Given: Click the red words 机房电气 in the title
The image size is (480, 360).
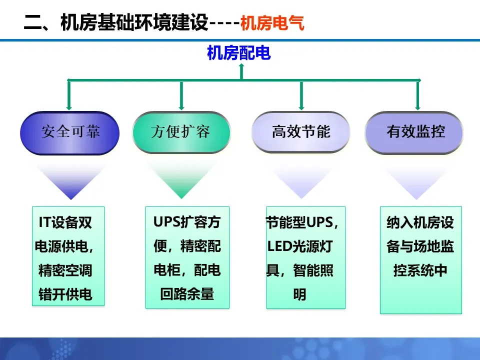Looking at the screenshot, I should pyautogui.click(x=272, y=23).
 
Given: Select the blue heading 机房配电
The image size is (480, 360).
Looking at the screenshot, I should pyautogui.click(x=239, y=53).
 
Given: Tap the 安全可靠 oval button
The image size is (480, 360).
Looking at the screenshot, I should pyautogui.click(x=70, y=132).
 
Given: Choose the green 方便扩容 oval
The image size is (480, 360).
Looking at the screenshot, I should pyautogui.click(x=181, y=132).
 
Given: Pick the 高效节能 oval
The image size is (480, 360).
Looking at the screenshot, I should pyautogui.click(x=301, y=132).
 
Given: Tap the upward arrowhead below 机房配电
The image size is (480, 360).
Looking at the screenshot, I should pyautogui.click(x=241, y=69).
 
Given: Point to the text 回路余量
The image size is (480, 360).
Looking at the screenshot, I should pyautogui.click(x=187, y=294).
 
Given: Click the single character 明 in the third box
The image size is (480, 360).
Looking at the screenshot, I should pyautogui.click(x=299, y=295).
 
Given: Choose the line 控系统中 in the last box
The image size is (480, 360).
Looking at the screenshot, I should pyautogui.click(x=420, y=271).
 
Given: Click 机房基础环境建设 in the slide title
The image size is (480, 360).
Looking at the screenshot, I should pyautogui.click(x=133, y=23).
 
